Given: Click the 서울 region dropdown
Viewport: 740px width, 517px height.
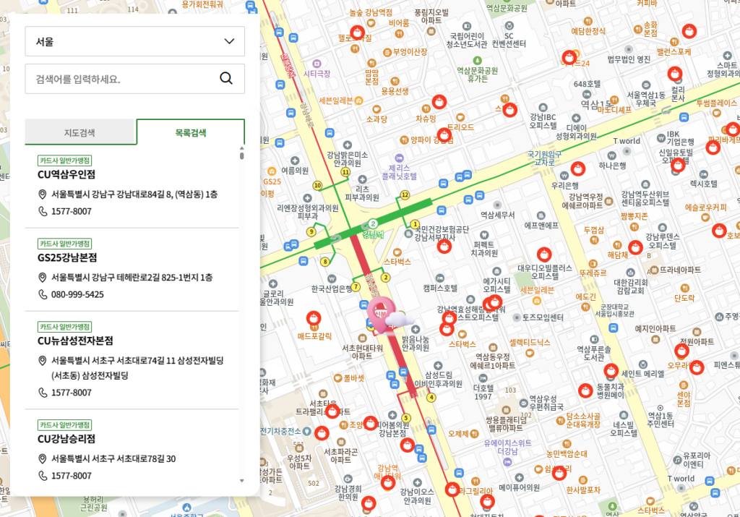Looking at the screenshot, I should (134, 41).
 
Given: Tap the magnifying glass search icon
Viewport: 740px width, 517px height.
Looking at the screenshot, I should (226, 78).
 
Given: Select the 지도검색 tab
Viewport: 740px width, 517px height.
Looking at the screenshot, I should (79, 133).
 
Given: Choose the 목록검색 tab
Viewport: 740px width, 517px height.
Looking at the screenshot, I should (190, 133).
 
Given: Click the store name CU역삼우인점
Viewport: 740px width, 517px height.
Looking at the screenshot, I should (66, 174).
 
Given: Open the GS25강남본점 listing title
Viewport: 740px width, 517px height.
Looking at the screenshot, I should (67, 257).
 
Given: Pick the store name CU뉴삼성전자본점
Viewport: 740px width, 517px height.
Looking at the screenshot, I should (75, 341).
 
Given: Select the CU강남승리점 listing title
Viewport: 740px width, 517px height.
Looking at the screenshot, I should (66, 438).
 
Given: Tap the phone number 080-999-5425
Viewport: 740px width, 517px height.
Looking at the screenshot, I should (77, 294).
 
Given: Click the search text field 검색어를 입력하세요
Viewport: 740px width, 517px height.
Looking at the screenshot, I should (119, 78).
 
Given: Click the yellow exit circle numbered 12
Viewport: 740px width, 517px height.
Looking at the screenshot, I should (404, 195).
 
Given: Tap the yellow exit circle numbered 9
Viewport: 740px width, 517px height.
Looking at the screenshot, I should (311, 231).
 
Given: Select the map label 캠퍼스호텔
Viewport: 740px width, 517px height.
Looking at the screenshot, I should (440, 288).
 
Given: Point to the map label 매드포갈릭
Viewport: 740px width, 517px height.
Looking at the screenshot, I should (314, 336).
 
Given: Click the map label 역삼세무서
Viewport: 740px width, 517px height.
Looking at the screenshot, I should (497, 215).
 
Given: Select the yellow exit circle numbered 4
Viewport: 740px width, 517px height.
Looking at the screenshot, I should (431, 396).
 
